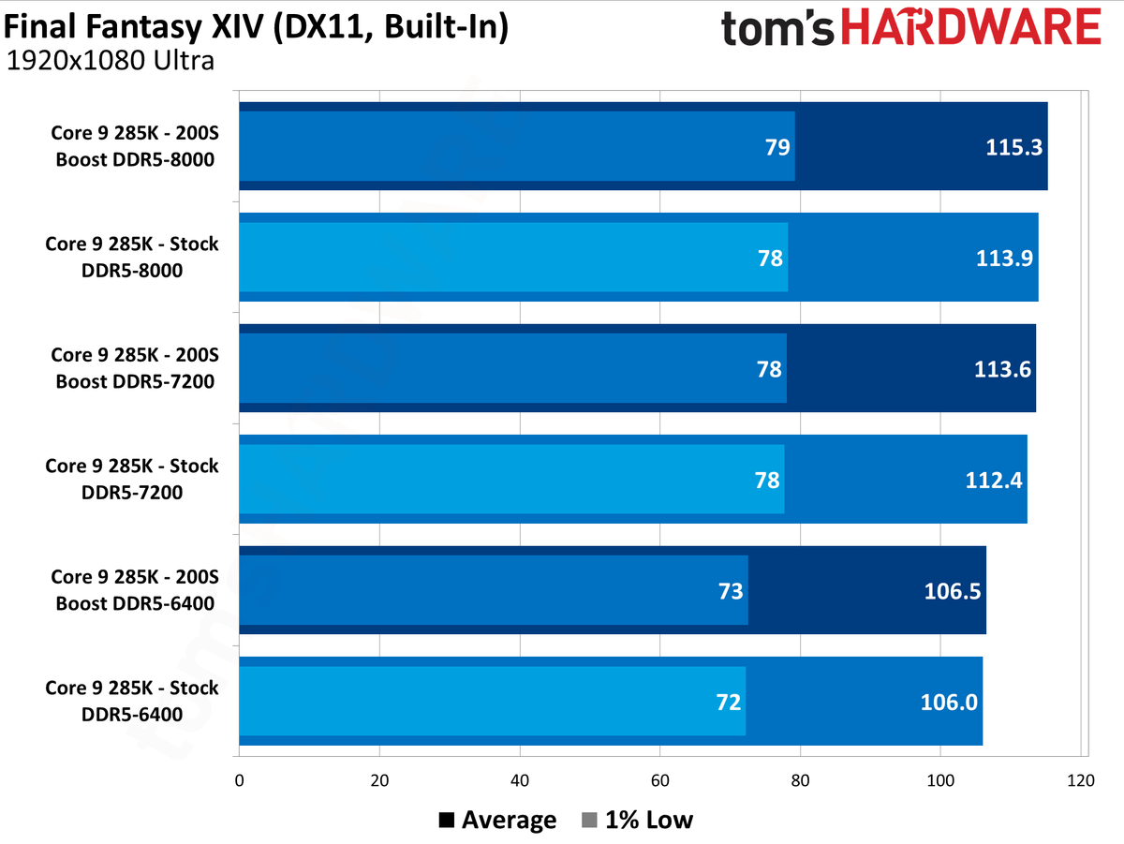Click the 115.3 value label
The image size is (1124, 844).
tap(1009, 147)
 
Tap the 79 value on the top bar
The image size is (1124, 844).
tap(777, 147)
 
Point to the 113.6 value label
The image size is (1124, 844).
tap(1002, 369)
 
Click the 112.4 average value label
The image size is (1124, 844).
tap(993, 480)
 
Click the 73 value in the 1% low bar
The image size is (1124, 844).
tap(731, 591)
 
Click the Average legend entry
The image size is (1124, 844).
tap(497, 821)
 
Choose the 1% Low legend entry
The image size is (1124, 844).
tap(638, 821)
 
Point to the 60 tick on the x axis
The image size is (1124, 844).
tap(659, 780)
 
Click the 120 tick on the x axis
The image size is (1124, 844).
tap(1080, 780)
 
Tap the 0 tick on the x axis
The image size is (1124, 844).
tap(240, 780)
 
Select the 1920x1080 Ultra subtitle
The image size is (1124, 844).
tap(111, 62)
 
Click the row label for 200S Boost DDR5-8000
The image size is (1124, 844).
tap(134, 147)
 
